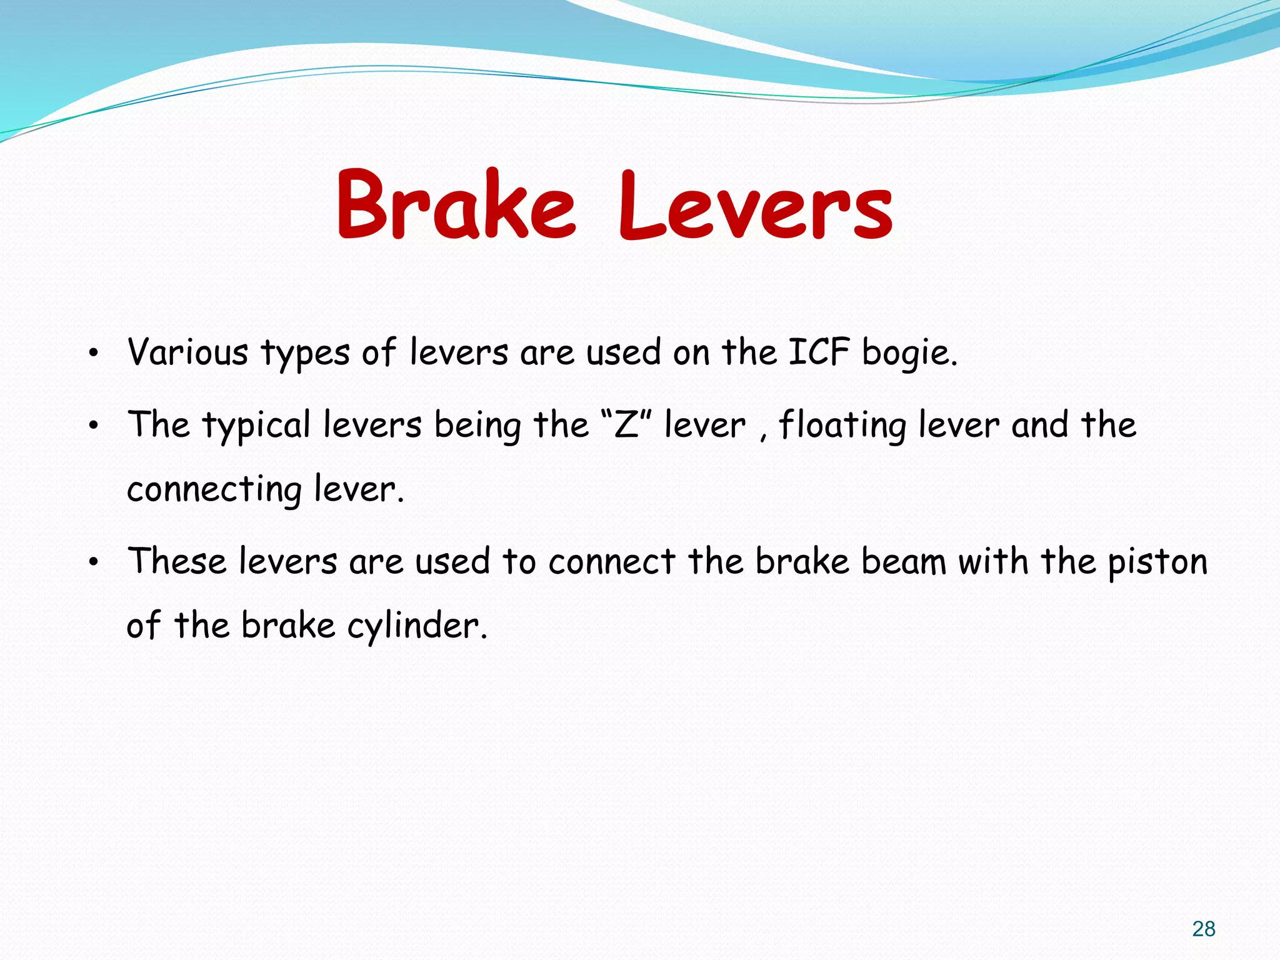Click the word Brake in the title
point(455,205)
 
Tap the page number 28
point(1203,929)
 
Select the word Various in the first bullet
point(187,352)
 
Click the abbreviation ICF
point(818,352)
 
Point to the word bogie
point(909,354)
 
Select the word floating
point(842,426)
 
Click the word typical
point(256,426)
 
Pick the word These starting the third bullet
point(176,561)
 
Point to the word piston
point(1157,562)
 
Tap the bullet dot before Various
point(93,354)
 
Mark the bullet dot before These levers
point(93,563)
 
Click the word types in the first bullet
point(304,354)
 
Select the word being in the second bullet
point(477,426)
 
